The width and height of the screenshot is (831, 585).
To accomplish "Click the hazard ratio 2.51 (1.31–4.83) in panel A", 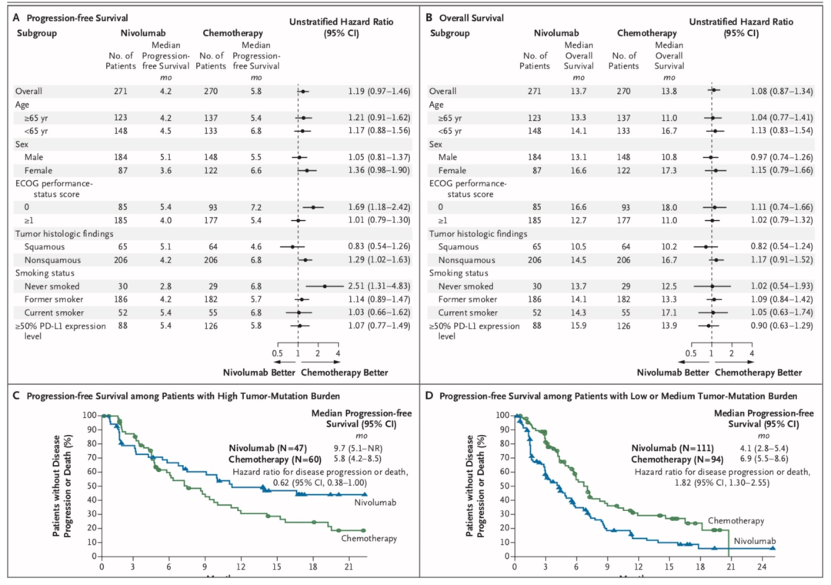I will (x=376, y=286).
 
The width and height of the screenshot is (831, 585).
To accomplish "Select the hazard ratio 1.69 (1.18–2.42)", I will (x=376, y=207).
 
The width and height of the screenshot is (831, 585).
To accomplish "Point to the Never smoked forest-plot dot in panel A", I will (x=325, y=286).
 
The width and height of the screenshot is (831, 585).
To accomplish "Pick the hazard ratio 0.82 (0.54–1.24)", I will (x=790, y=246).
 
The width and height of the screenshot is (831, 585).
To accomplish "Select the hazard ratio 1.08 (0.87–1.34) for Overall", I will (x=790, y=91).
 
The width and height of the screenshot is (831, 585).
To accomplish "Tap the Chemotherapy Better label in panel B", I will (x=758, y=373).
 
